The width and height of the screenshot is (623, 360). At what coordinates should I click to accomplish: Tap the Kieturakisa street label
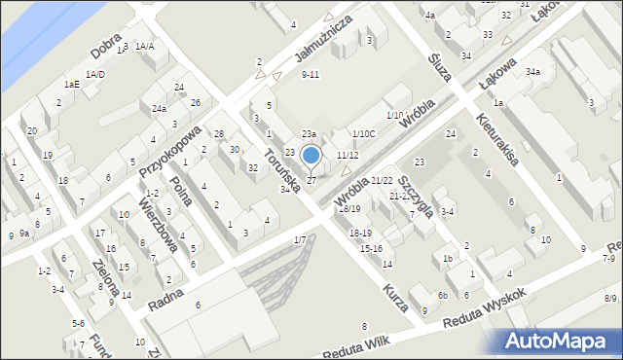tap(497, 135)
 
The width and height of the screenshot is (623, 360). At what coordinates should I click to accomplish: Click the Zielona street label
tap(105, 276)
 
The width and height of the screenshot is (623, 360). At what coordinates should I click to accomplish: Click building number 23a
tap(309, 133)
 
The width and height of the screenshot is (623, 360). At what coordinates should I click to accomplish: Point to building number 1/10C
tap(363, 133)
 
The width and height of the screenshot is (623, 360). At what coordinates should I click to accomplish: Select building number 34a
tap(532, 72)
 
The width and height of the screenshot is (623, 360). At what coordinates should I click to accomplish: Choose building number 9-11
tap(311, 74)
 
